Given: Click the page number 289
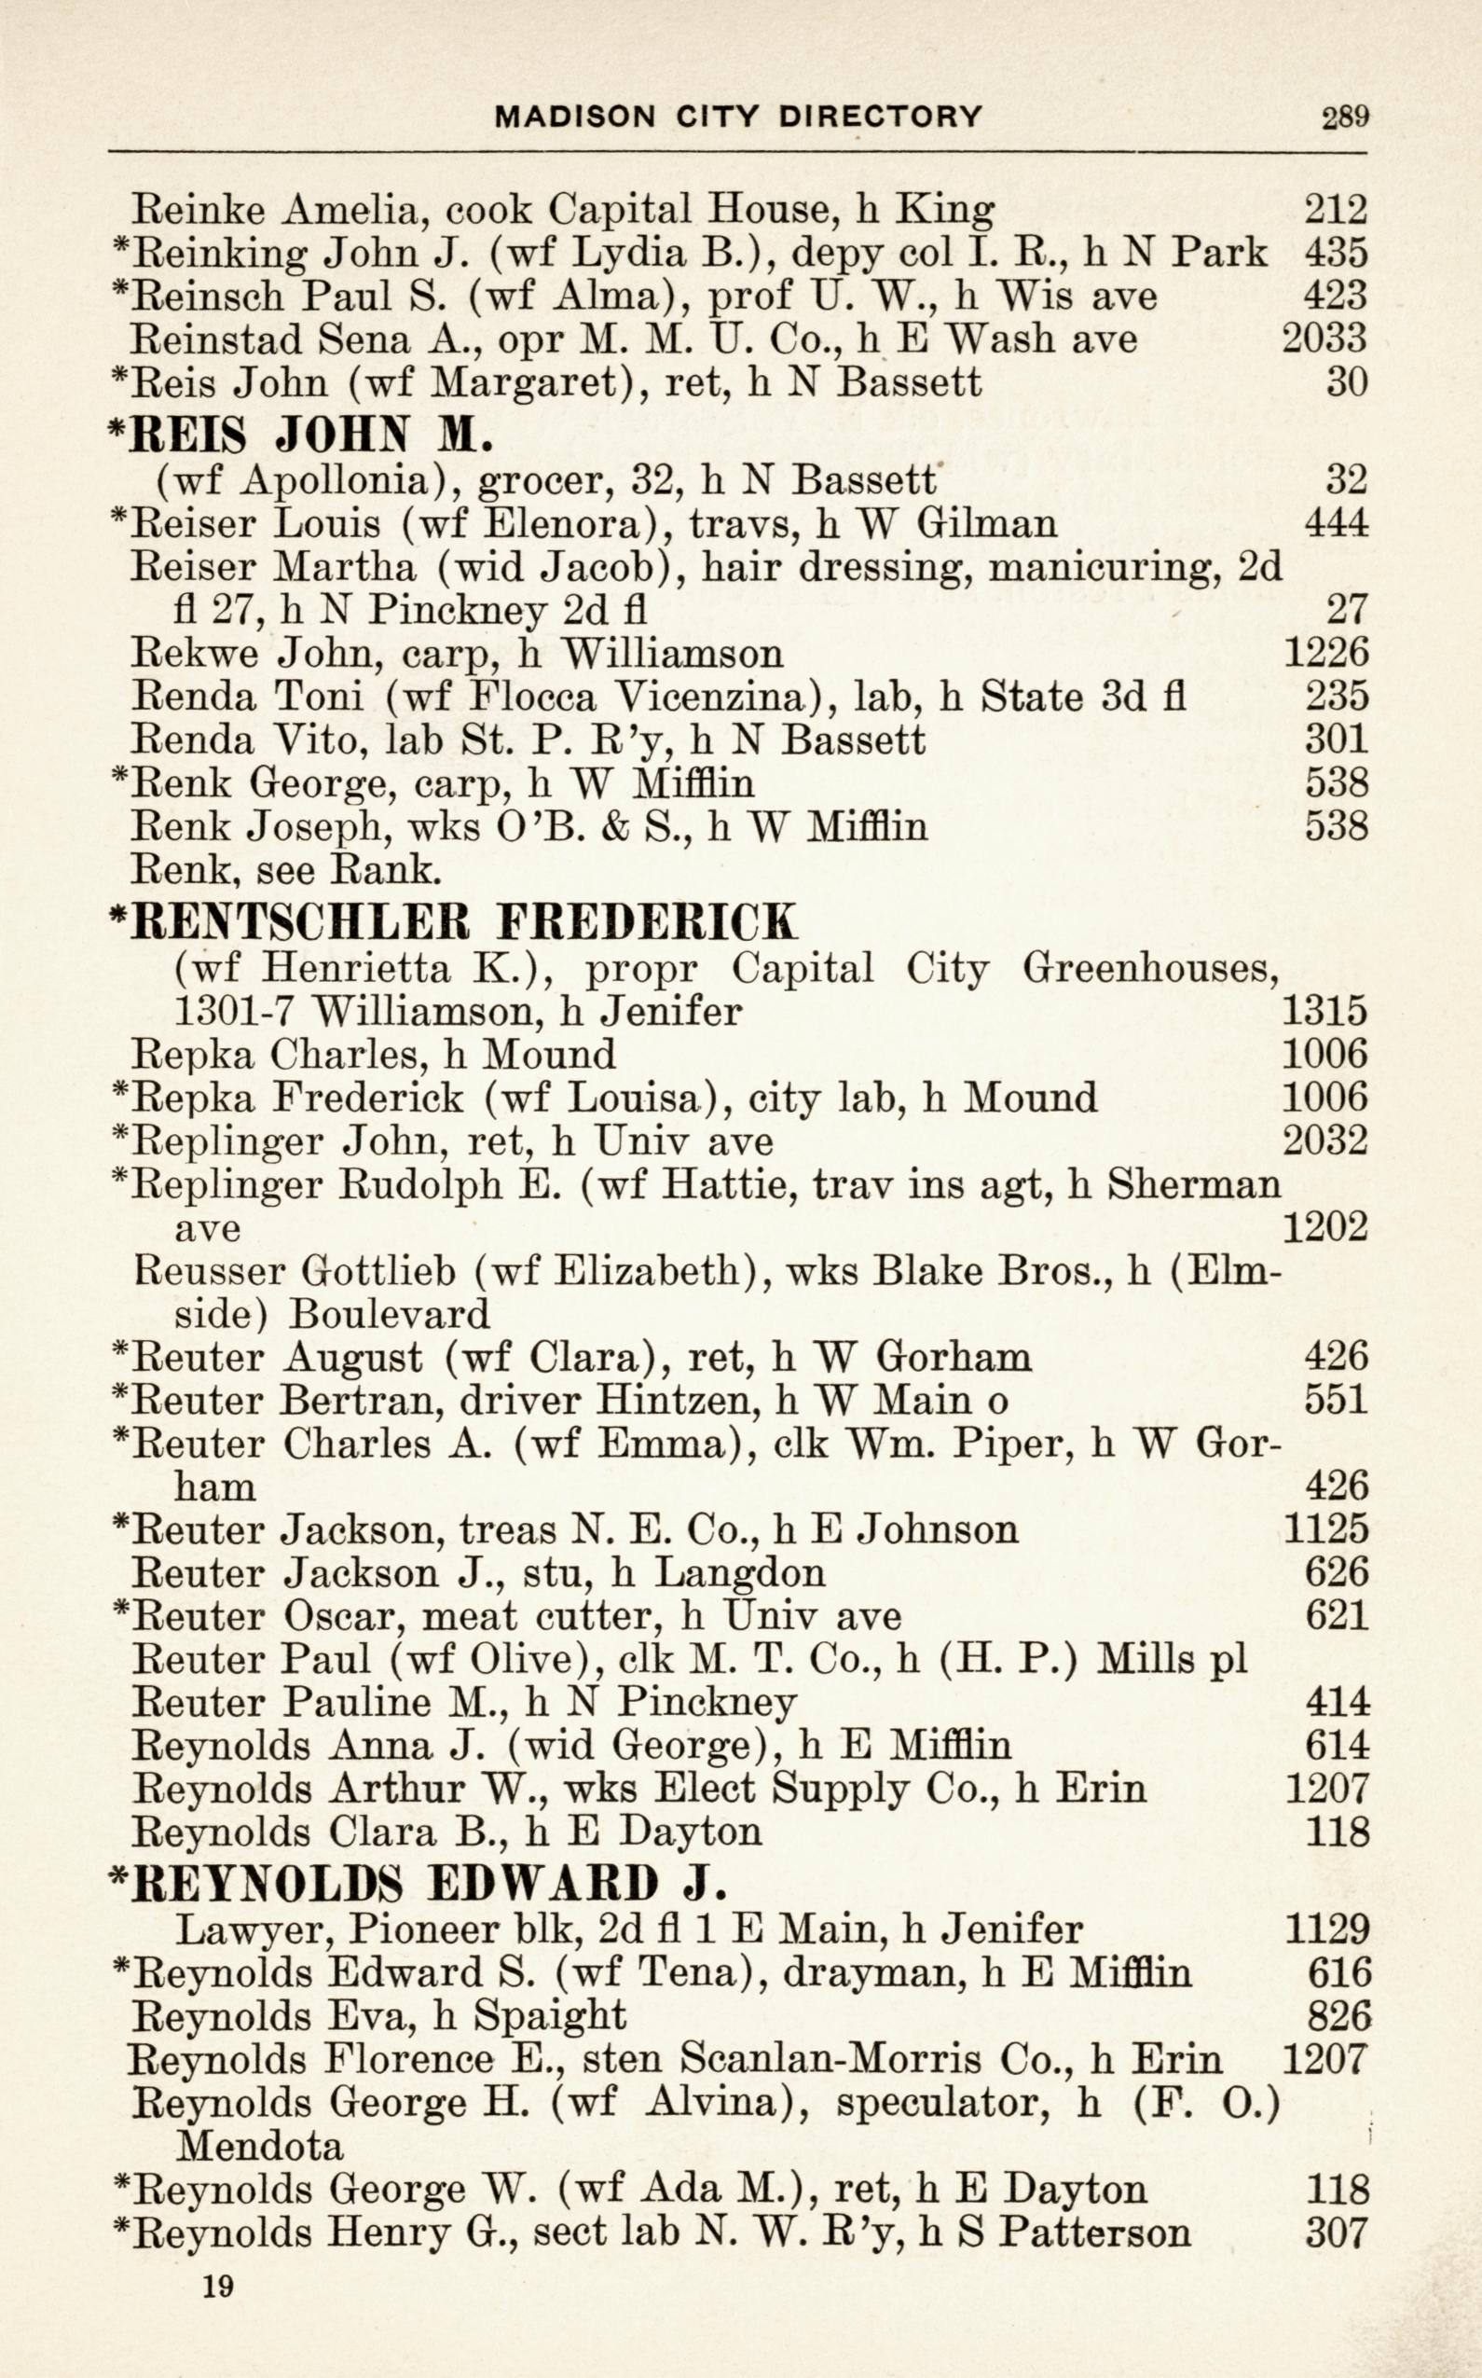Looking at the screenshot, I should pyautogui.click(x=1344, y=118).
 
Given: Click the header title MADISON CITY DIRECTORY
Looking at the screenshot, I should pyautogui.click(x=738, y=117).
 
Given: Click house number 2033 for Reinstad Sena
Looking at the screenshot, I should pyautogui.click(x=1324, y=339).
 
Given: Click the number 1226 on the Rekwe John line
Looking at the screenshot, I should pyautogui.click(x=1325, y=653).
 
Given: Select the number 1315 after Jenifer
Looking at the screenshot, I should pyautogui.click(x=1325, y=1011).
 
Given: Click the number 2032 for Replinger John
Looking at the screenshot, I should pyautogui.click(x=1325, y=1141).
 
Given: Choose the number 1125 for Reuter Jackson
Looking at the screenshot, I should pyautogui.click(x=1325, y=1528).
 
